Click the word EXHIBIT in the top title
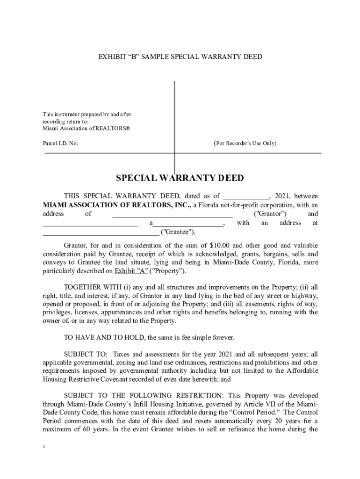click(112, 57)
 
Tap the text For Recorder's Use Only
click(245, 143)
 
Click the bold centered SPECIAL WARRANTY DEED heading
click(180, 179)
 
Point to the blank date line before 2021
click(246, 196)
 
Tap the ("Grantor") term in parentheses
click(267, 214)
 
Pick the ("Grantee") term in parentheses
click(178, 232)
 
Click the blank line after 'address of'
click(172, 214)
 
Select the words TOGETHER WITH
click(93, 287)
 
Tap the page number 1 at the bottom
click(43, 447)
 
